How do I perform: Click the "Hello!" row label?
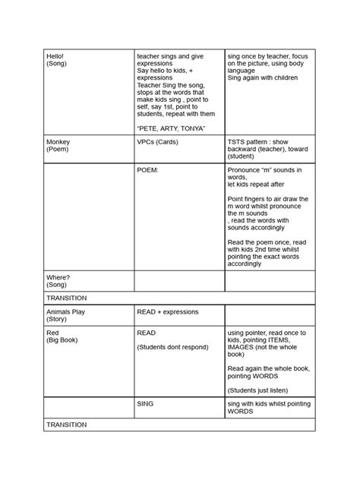[55, 56]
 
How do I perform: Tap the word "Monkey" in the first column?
[58, 142]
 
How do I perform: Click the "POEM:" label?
[147, 170]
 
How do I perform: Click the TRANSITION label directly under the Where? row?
[67, 298]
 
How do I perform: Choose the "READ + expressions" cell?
[167, 312]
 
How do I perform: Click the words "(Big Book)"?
[63, 341]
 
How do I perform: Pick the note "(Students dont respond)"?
[174, 347]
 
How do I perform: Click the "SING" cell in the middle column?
[145, 404]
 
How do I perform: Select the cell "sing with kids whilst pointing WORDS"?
[270, 408]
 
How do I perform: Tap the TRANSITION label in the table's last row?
[67, 425]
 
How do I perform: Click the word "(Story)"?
[57, 320]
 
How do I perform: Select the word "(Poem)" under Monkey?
[58, 150]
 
